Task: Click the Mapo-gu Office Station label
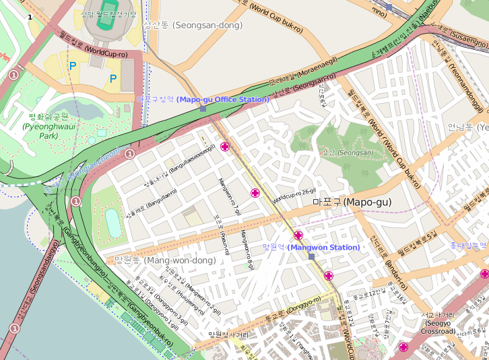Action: click(203, 100)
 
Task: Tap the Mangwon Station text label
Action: click(311, 248)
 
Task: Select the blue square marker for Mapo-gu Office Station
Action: click(203, 108)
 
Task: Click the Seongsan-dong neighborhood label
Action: click(193, 25)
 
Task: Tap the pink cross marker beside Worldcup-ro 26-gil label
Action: click(255, 193)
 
